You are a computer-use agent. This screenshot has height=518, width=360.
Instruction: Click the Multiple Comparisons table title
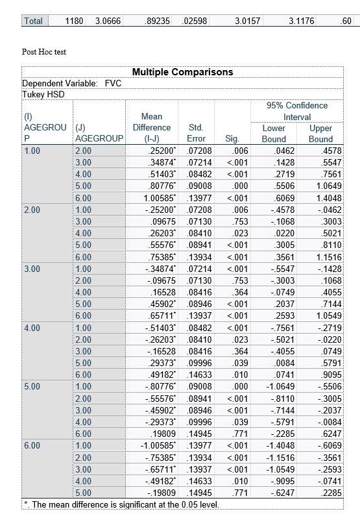182,71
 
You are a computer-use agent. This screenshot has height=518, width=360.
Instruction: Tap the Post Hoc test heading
43,51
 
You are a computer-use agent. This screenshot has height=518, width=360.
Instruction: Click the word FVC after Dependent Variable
113,83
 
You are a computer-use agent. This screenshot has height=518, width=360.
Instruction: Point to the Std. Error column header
196,133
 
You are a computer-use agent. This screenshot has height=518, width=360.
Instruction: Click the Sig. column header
232,139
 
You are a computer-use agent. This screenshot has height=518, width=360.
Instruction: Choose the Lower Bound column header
273,133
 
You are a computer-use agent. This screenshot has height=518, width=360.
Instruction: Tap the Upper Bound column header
320,133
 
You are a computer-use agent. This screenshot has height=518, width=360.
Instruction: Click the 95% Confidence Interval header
297,111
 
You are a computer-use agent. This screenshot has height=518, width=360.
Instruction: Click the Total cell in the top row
33,21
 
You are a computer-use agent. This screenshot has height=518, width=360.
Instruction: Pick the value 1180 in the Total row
74,21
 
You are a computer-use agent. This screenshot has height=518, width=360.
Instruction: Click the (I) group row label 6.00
32,445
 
